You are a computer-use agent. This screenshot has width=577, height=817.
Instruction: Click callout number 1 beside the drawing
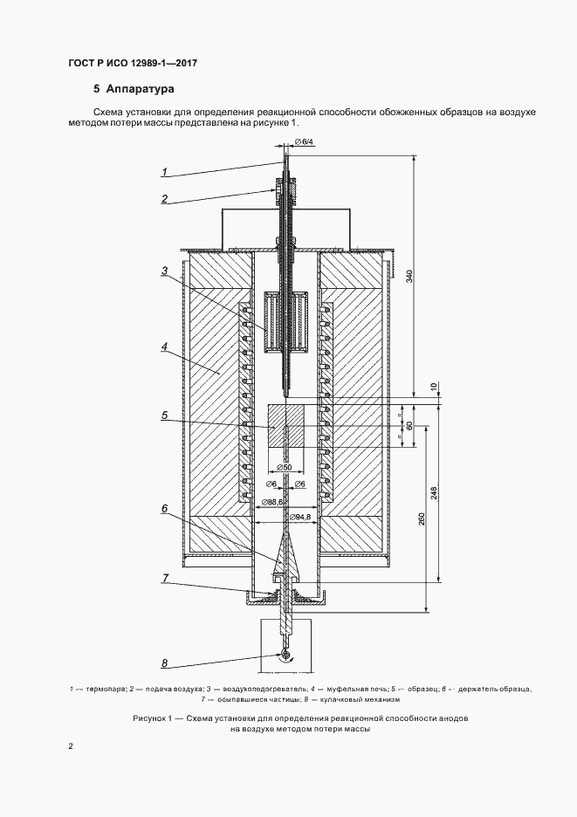point(164,171)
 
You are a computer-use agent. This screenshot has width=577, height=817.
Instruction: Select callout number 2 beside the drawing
point(165,198)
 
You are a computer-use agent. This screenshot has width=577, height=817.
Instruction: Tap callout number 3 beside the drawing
point(165,271)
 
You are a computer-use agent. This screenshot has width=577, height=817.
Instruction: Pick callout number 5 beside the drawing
point(165,415)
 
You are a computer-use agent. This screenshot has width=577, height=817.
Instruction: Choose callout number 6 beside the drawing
point(165,509)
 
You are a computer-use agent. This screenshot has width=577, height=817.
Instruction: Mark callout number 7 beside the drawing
point(165,578)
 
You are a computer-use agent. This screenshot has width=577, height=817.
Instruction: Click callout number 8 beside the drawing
point(165,663)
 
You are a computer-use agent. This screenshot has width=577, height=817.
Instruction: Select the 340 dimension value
point(409,275)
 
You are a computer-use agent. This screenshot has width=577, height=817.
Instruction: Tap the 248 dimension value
point(435,493)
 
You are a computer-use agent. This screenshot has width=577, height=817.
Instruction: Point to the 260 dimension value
point(422,519)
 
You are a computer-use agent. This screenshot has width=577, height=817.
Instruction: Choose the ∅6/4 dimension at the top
point(304,141)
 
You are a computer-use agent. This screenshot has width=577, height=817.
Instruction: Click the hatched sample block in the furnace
point(285,426)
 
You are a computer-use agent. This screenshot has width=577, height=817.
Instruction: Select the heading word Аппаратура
point(141,89)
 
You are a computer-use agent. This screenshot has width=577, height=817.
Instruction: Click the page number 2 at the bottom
point(71,746)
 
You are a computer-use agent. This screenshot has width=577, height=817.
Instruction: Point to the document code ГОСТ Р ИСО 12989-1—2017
point(133,64)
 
